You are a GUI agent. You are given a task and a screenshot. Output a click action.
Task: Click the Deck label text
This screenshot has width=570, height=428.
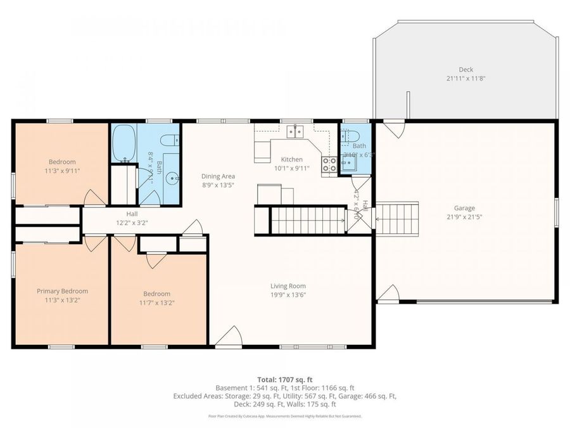coord(465,70)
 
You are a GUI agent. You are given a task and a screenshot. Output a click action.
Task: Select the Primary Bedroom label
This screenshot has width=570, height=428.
coord(62,291)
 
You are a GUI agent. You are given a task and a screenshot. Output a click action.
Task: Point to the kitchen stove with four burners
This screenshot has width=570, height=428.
coord(329,165)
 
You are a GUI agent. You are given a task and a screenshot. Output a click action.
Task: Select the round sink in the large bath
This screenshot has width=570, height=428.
coord(172,178)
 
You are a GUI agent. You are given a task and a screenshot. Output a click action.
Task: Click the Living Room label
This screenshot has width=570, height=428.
coord(288,286)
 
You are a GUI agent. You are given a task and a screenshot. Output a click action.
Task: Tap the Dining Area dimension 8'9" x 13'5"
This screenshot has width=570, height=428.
coord(218,185)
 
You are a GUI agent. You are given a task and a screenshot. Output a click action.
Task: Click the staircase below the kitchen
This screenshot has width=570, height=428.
coord(308,221)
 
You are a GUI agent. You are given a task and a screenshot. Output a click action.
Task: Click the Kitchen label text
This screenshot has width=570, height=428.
coord(288,159)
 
